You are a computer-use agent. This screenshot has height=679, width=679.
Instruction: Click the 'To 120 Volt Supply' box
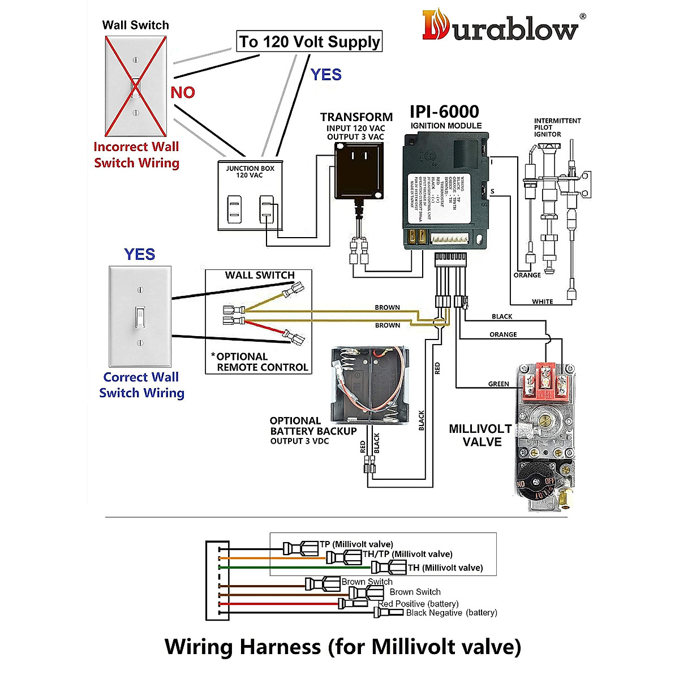tap(309, 42)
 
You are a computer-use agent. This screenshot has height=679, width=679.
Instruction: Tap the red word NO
tap(183, 92)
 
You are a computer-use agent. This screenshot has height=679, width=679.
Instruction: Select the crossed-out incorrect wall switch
tap(136, 86)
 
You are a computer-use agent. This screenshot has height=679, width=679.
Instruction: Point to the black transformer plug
tap(358, 169)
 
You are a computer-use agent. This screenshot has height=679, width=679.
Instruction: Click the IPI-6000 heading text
tap(444, 111)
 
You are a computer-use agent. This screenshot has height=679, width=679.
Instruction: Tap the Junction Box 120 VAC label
tap(250, 171)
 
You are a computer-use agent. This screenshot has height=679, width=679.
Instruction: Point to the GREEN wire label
tap(498, 384)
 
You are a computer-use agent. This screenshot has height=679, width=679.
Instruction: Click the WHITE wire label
tap(542, 302)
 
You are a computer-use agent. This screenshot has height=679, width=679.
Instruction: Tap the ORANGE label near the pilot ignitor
tap(527, 275)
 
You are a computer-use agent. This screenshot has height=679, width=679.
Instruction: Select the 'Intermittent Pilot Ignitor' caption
tap(557, 127)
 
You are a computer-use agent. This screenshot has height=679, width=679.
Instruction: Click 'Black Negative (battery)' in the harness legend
tap(451, 613)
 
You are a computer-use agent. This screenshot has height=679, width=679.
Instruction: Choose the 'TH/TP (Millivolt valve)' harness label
tap(407, 554)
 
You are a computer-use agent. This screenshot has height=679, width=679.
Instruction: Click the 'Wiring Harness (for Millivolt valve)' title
tap(342, 646)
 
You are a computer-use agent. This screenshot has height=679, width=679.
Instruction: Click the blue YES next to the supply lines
tap(326, 75)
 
